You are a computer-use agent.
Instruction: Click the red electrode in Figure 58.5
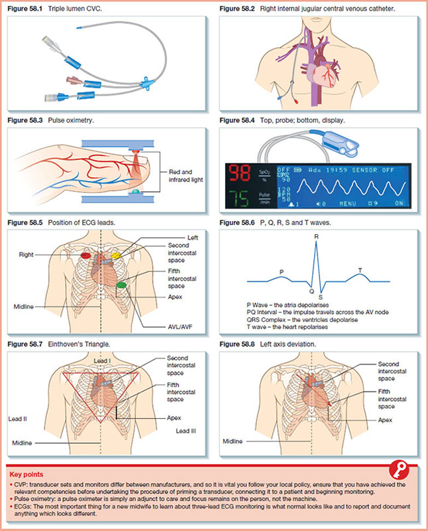[85, 255]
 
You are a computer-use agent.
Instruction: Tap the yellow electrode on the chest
[115, 255]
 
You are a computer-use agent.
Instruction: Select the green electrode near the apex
[121, 285]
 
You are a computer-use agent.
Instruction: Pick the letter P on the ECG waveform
[282, 271]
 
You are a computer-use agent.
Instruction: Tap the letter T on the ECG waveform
[360, 269]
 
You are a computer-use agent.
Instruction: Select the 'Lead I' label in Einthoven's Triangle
[103, 359]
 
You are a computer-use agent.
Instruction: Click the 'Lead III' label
[186, 431]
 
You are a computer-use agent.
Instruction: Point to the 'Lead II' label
[18, 419]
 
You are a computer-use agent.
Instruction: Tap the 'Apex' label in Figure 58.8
[386, 420]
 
